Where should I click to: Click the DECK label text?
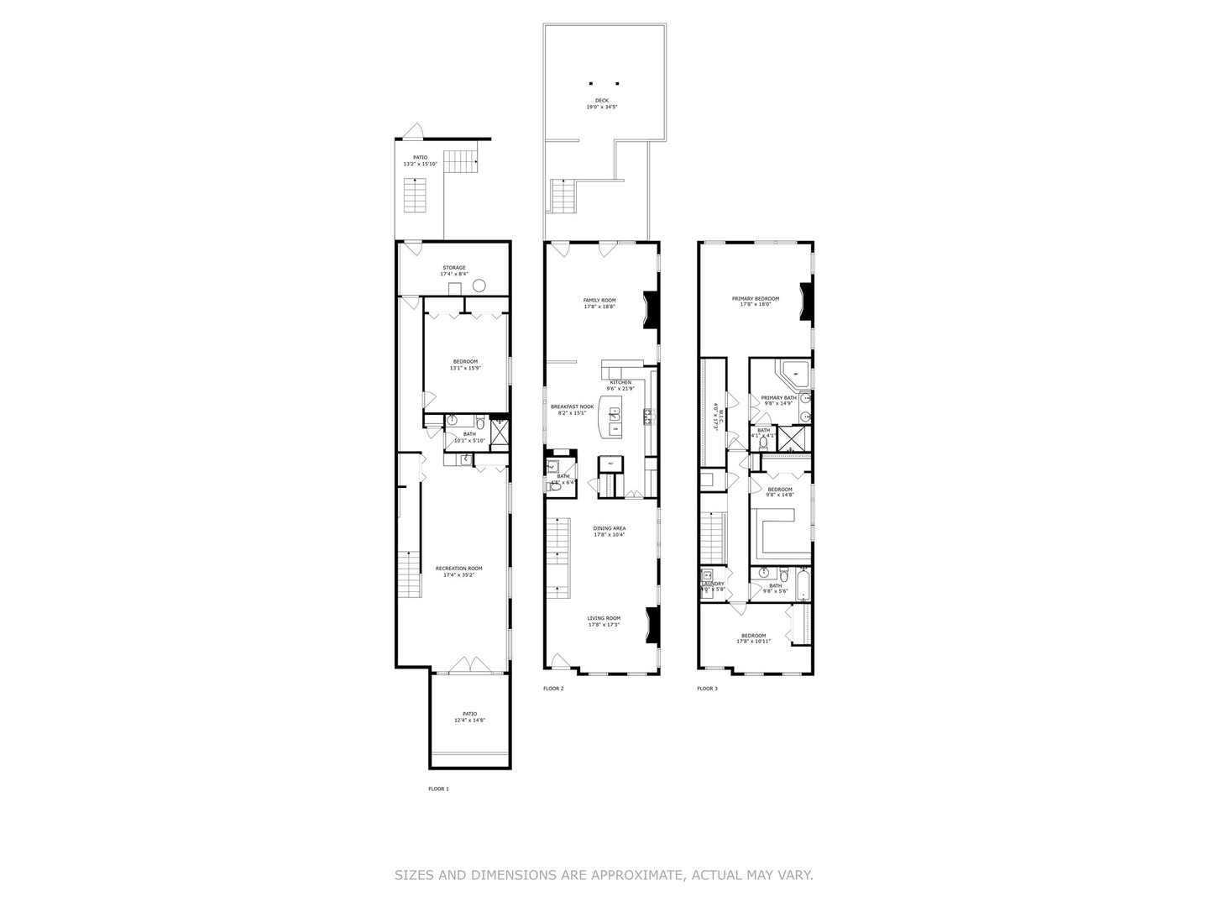602,100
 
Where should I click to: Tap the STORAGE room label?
453,268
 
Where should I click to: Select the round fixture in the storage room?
479,286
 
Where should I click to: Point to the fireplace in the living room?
652,625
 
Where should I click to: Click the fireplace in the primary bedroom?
806,303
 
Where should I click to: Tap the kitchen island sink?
615,413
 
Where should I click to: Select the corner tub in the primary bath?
793,373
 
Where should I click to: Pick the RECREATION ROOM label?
458,569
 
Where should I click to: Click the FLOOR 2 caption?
553,689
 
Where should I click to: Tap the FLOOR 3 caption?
707,689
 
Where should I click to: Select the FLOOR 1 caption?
438,789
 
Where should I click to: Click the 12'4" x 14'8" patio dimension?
470,721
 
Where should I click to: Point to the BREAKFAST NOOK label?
572,406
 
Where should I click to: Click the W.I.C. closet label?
714,417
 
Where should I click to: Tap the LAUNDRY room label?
714,584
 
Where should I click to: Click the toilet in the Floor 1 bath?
479,422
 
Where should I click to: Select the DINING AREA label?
610,528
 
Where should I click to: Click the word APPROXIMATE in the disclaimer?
639,875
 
